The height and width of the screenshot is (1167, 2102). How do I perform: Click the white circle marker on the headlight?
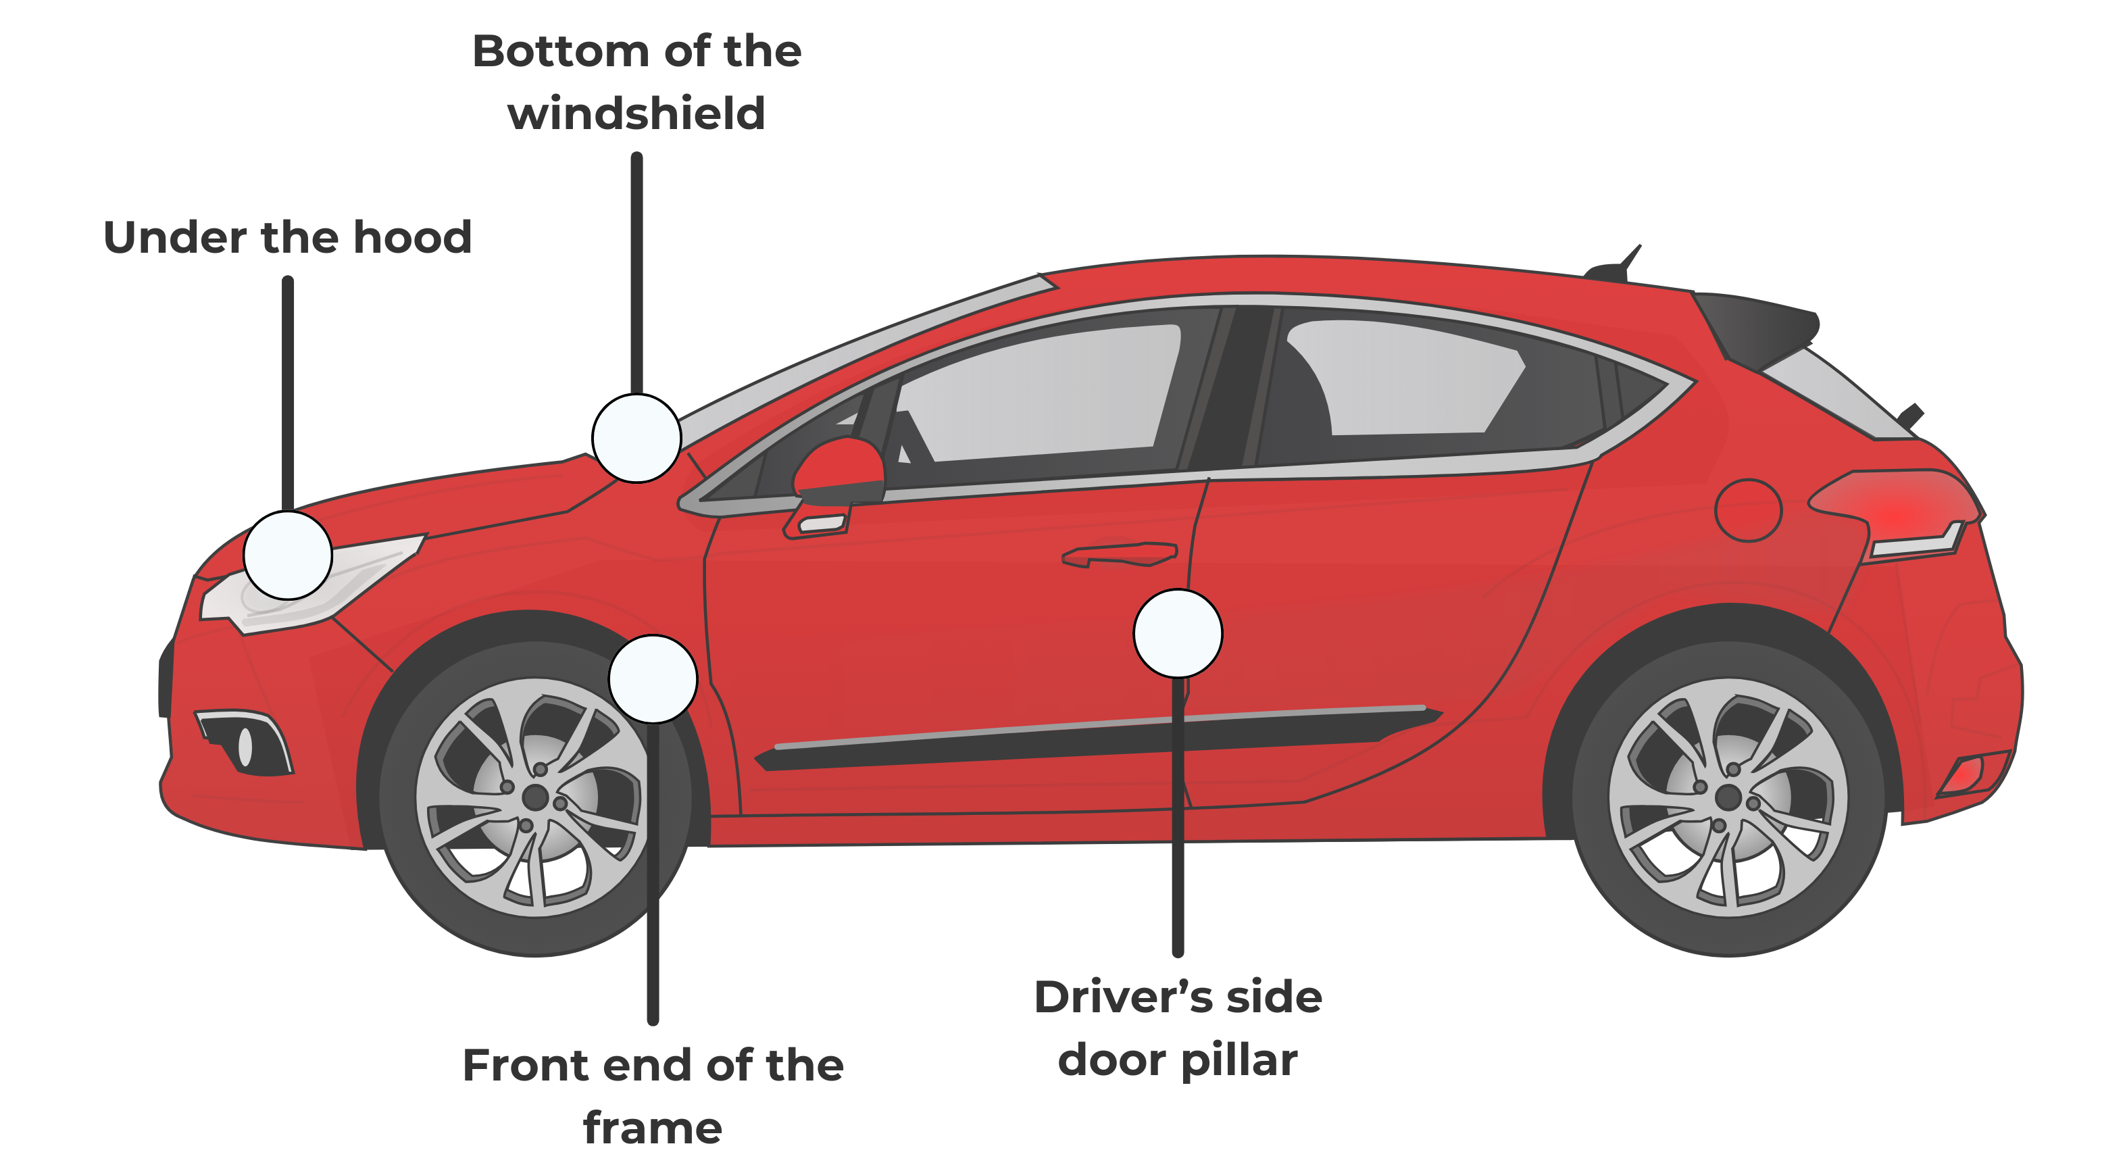[x=287, y=555]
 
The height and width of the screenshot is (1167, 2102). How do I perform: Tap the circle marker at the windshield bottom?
[x=636, y=439]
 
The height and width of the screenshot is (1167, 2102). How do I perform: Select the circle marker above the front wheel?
[x=653, y=679]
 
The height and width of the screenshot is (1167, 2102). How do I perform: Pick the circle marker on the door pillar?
[x=1178, y=633]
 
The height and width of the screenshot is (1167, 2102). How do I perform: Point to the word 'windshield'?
[x=636, y=114]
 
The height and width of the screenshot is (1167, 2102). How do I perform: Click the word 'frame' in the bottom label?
[x=653, y=1128]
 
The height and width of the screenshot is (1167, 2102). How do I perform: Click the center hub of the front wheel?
[x=535, y=797]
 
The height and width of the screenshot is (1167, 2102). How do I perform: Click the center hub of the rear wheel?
[x=1728, y=797]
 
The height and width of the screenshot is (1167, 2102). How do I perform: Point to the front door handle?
[x=1120, y=554]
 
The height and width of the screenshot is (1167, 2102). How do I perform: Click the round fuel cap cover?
[x=1748, y=510]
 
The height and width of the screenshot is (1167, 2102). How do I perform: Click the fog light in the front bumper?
[x=245, y=744]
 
